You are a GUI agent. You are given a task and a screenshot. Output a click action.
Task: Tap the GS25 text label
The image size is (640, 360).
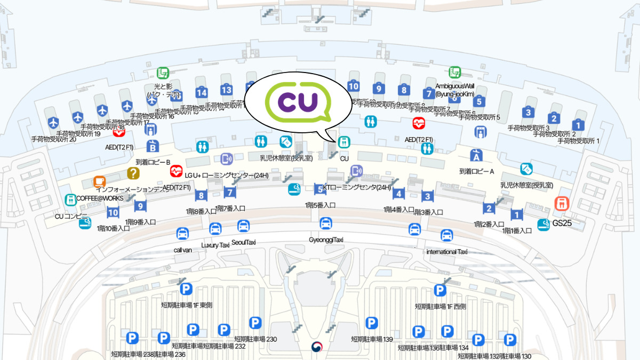(x=562, y=223)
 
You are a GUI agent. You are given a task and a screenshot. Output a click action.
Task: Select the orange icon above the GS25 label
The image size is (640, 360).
(x=561, y=203)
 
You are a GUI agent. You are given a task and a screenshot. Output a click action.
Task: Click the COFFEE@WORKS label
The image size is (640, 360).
(x=100, y=198)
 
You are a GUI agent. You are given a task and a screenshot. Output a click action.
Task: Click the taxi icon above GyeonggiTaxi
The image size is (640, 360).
(x=326, y=223)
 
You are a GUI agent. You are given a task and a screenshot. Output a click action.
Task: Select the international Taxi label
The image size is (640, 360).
(x=447, y=251)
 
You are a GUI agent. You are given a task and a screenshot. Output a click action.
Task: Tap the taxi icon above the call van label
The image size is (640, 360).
(x=182, y=234)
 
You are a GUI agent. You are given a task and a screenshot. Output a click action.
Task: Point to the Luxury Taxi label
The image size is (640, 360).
(x=215, y=245)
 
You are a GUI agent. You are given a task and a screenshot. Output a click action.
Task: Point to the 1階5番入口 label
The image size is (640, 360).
(x=320, y=205)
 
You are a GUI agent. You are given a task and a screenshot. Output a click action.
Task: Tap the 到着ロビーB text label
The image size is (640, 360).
(x=153, y=162)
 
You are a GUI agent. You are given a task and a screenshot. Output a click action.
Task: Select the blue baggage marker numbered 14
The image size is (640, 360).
(x=201, y=93)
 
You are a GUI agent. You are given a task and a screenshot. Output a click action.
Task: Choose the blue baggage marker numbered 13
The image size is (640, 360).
(x=227, y=90)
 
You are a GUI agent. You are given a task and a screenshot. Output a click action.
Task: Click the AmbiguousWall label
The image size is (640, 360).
(x=455, y=86)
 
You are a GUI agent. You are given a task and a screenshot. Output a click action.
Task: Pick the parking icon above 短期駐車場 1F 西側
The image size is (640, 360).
(x=440, y=290)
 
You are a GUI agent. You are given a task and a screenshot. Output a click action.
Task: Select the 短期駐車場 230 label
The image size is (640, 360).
(x=255, y=339)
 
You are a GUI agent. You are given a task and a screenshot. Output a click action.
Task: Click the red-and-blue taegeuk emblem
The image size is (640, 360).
(x=317, y=347)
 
